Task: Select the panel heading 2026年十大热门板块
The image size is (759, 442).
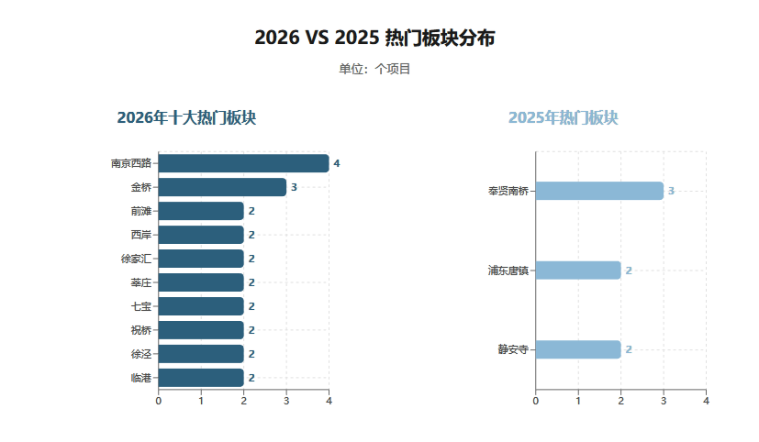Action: click(x=186, y=118)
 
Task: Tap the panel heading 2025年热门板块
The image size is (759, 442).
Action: click(x=564, y=118)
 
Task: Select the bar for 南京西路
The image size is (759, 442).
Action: click(x=243, y=163)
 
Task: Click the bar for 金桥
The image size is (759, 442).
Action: click(x=222, y=187)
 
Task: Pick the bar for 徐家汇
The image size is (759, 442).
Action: click(x=201, y=259)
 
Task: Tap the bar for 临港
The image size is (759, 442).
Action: click(x=201, y=378)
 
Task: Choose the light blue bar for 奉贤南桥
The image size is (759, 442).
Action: click(x=598, y=191)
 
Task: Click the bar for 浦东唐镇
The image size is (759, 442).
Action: click(x=577, y=271)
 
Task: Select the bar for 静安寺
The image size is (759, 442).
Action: click(x=577, y=349)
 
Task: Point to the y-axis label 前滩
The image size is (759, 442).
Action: click(x=141, y=211)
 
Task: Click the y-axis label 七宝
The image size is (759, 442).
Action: click(x=141, y=306)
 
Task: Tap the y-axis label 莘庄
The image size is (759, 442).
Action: click(x=141, y=282)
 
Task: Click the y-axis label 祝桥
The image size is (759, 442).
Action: click(x=141, y=330)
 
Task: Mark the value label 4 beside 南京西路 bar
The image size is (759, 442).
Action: click(x=337, y=163)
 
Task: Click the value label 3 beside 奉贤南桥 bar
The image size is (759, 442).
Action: click(x=671, y=191)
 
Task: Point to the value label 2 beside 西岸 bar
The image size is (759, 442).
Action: click(x=251, y=235)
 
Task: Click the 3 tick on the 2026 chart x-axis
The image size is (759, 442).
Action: click(x=286, y=400)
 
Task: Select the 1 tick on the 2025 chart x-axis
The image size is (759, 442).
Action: click(x=578, y=400)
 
